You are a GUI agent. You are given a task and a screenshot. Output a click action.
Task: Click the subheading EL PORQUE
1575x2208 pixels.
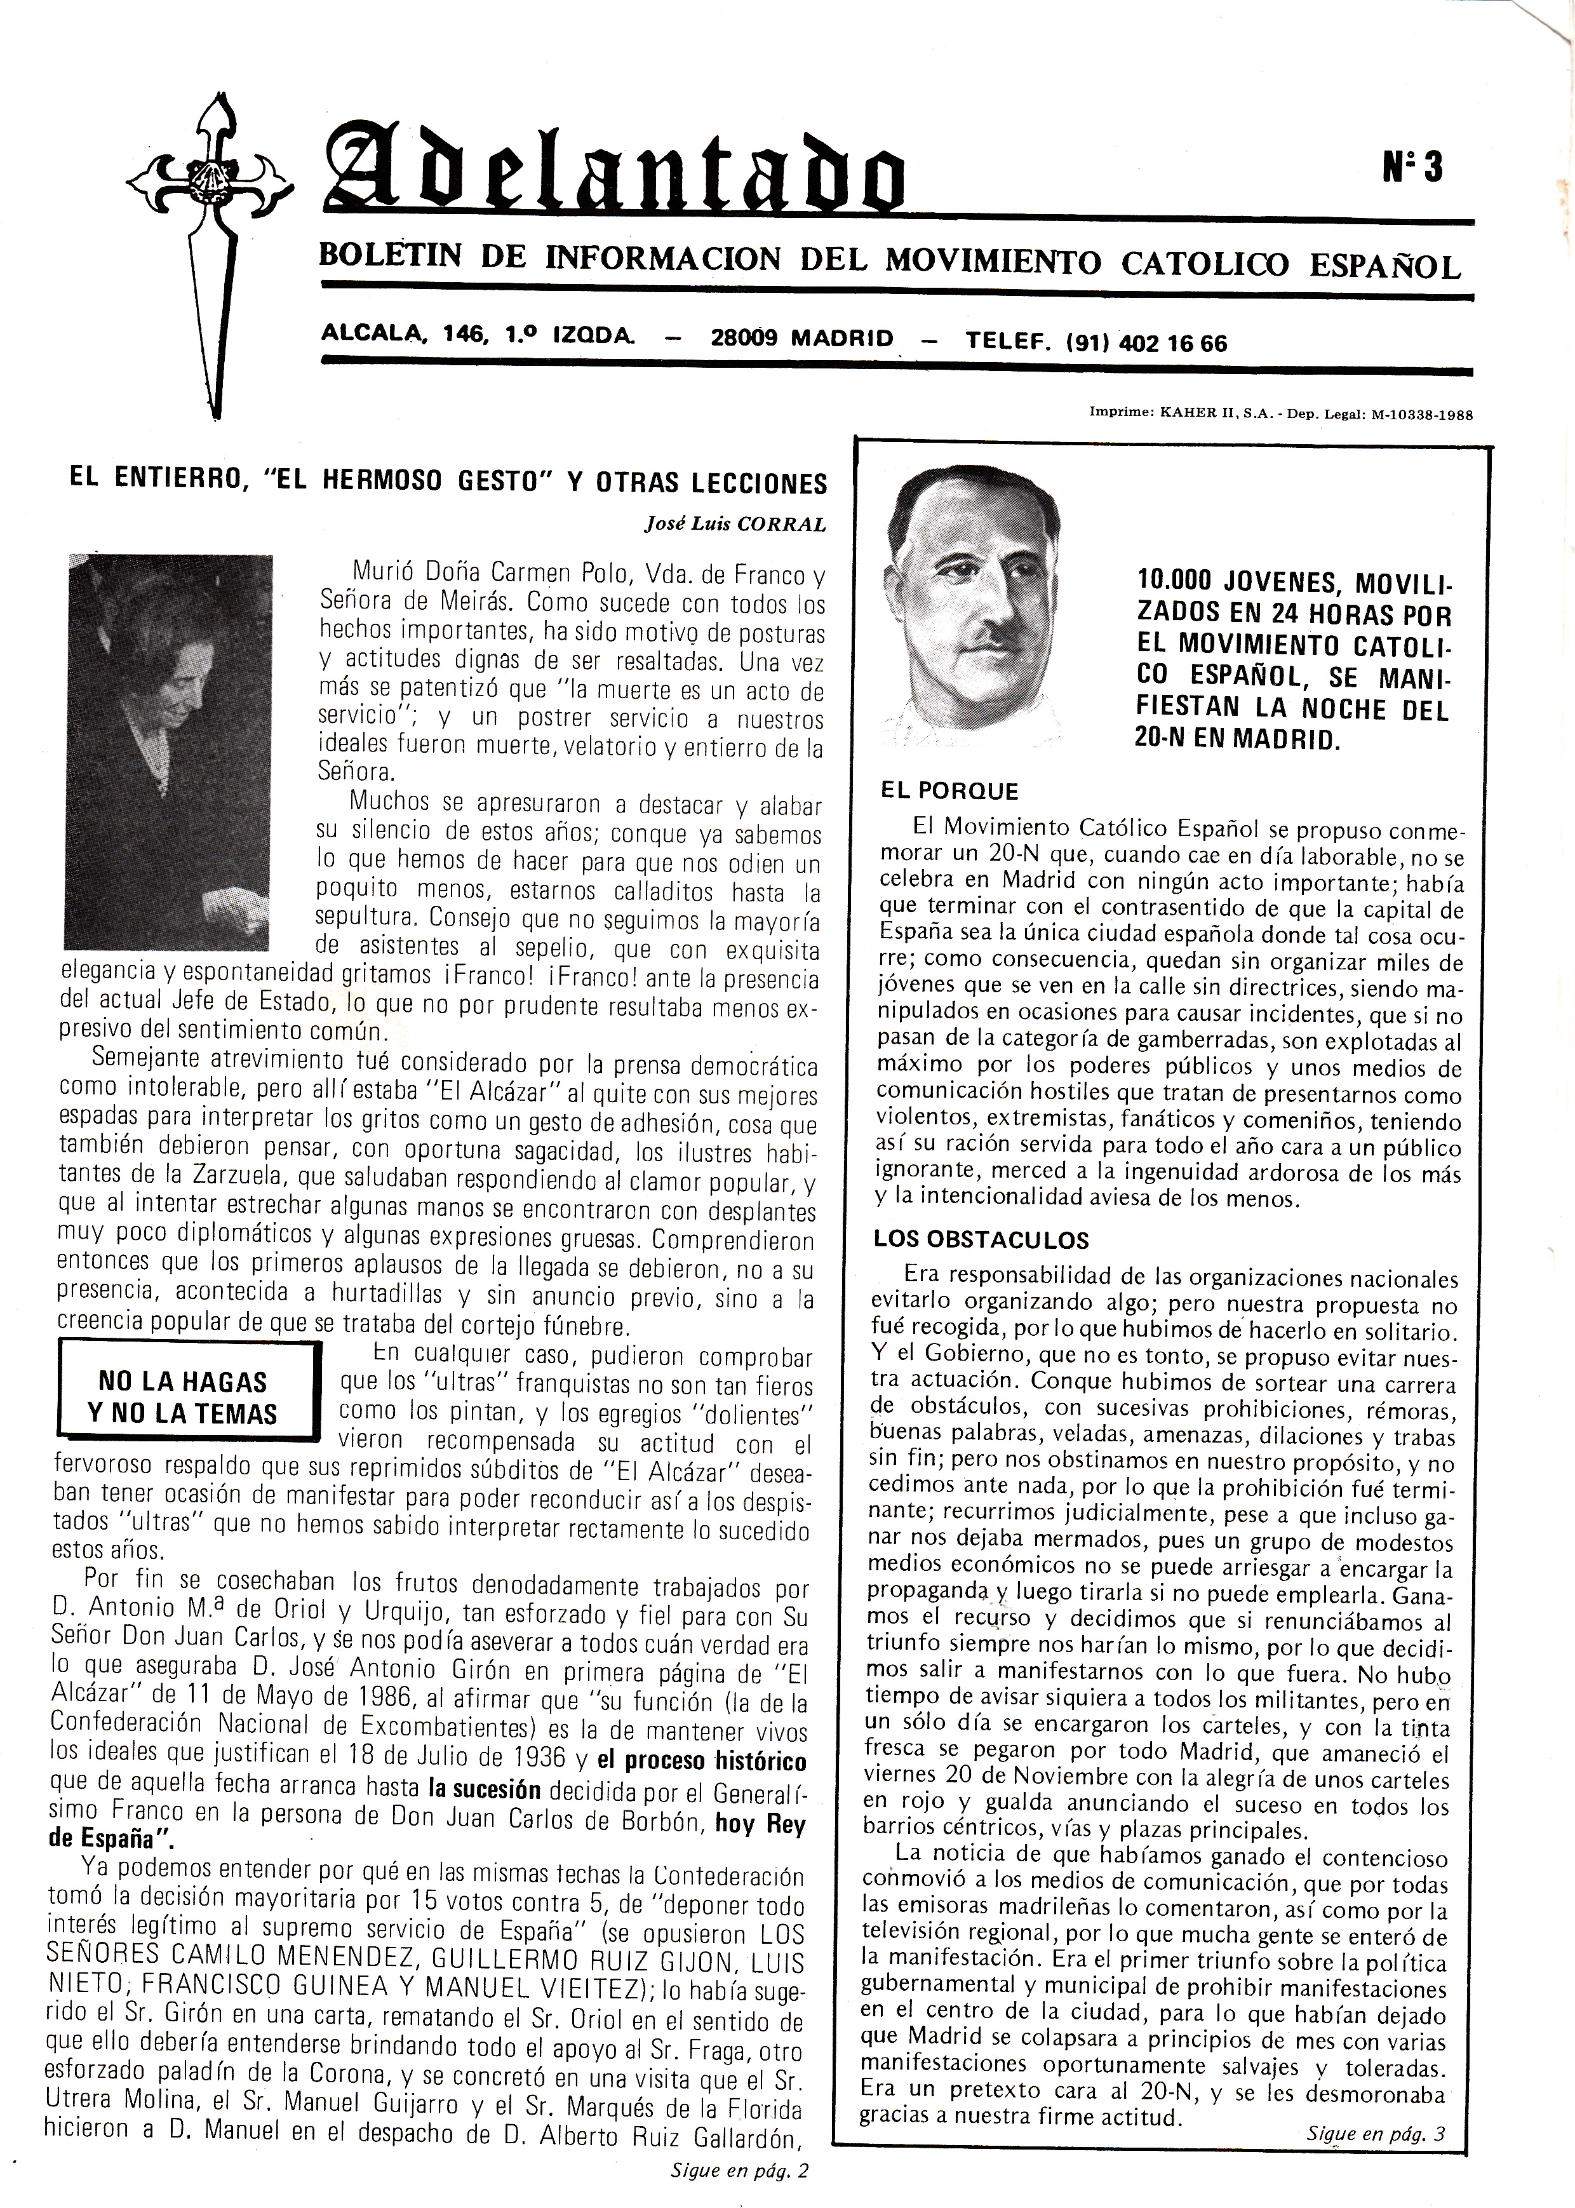pos(948,791)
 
